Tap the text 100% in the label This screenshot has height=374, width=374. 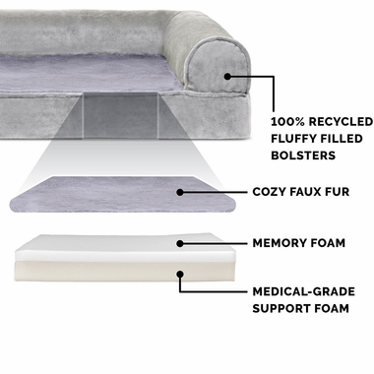point(286,121)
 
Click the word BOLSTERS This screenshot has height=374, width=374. point(307,156)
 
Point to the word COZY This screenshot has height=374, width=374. point(272,194)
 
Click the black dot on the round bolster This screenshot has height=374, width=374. point(227,75)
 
